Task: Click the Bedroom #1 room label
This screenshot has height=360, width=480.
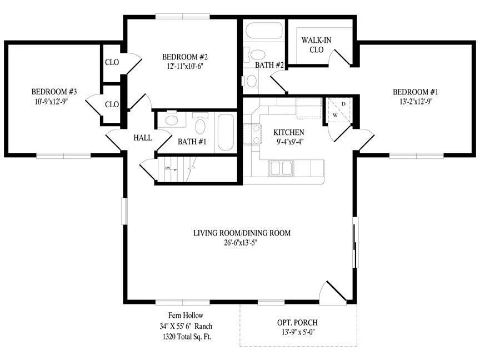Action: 416,92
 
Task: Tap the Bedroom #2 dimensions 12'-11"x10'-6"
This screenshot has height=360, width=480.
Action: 185,67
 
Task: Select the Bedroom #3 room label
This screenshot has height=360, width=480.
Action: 54,92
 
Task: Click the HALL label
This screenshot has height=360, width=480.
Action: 143,138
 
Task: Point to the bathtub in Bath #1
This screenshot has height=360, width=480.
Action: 226,132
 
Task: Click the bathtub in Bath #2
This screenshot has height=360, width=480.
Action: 264,31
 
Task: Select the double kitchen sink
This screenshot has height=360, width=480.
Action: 281,168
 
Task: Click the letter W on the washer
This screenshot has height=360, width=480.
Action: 335,116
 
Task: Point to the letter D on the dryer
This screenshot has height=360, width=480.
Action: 343,104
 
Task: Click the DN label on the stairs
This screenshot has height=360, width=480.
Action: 167,168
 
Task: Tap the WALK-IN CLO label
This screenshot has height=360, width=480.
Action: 316,44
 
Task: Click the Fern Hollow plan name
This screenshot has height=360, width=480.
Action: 186,316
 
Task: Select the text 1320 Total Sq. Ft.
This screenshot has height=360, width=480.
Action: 187,337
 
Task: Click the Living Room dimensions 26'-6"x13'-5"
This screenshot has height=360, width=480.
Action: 241,243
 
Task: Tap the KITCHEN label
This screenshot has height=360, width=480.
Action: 289,132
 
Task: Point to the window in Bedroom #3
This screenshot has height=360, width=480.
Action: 64,156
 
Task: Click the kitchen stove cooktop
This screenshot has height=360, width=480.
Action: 253,134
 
